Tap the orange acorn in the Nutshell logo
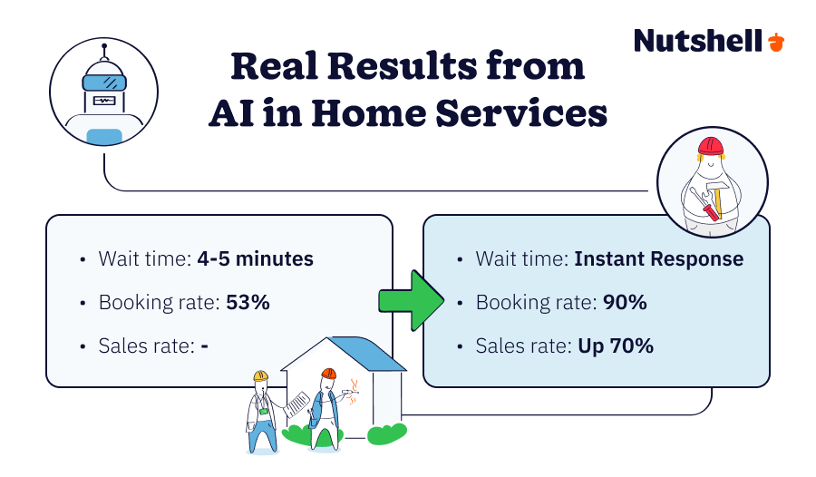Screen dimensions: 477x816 [776, 42]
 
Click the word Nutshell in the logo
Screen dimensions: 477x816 [697, 41]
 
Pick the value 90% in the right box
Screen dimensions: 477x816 [625, 303]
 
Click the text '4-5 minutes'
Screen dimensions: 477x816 [256, 259]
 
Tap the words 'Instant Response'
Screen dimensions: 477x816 [658, 259]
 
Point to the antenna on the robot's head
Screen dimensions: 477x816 [103, 51]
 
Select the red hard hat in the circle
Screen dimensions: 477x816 [710, 147]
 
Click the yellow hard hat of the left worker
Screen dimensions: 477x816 [261, 375]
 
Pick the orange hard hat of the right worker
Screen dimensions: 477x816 [328, 373]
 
